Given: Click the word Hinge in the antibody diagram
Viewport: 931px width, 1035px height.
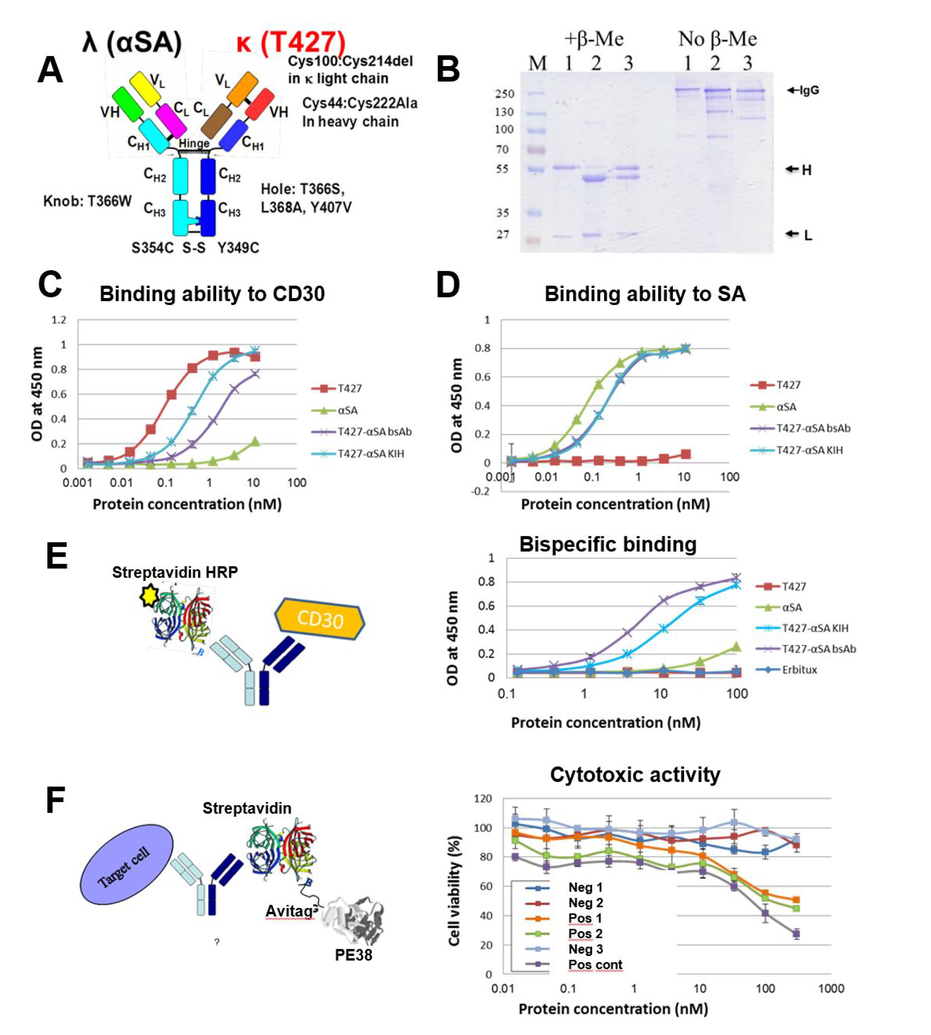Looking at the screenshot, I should tap(194, 144).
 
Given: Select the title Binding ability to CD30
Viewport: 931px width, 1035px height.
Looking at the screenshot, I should tap(212, 294).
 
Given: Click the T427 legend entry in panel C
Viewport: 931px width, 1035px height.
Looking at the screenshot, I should tap(349, 388).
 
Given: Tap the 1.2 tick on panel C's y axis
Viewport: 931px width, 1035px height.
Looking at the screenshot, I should tap(59, 320).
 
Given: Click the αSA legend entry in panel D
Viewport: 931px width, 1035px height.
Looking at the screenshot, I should tap(786, 407).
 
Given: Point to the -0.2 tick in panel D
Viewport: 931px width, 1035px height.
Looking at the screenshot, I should tap(480, 491).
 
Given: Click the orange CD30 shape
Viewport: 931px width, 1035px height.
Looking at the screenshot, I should tap(320, 619).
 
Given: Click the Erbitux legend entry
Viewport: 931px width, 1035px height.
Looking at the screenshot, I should tap(800, 670).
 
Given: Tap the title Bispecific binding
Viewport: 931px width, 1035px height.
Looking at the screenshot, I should tap(608, 544).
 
